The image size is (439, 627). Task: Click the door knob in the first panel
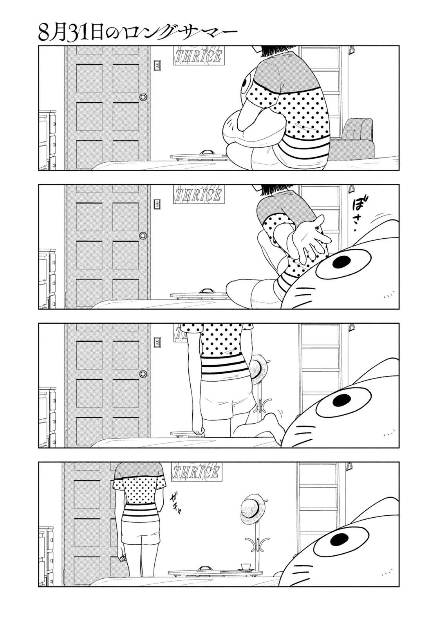pyautogui.click(x=143, y=97)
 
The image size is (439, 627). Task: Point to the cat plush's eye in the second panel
pyautogui.click(x=342, y=262)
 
